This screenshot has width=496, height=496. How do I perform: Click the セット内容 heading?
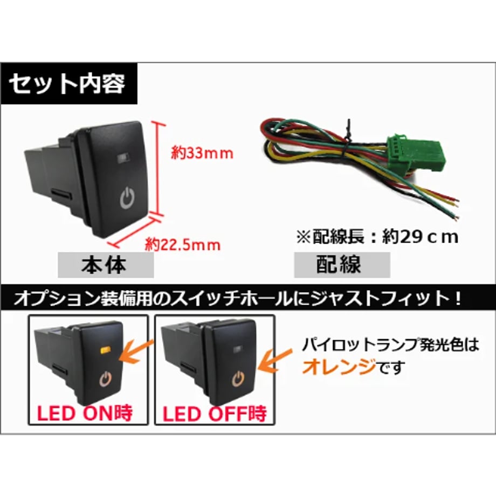pyautogui.click(x=67, y=84)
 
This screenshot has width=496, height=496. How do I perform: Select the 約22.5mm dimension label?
pyautogui.click(x=183, y=245)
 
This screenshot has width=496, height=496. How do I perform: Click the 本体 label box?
pyautogui.click(x=106, y=265)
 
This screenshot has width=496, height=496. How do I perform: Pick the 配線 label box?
pyautogui.click(x=342, y=265)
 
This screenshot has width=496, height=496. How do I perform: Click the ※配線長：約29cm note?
pyautogui.click(x=377, y=237)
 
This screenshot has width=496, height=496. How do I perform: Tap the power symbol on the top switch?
pyautogui.click(x=127, y=198)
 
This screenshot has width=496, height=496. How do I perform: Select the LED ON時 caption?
pyautogui.click(x=85, y=414)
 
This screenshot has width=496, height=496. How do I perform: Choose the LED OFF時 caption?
pyautogui.click(x=215, y=414)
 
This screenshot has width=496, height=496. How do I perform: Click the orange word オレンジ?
pyautogui.click(x=339, y=367)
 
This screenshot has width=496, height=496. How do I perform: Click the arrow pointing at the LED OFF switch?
pyautogui.click(x=274, y=361)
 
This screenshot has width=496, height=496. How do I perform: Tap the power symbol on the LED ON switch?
pyautogui.click(x=106, y=378)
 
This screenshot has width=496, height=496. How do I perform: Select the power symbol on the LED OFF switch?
pyautogui.click(x=239, y=378)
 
